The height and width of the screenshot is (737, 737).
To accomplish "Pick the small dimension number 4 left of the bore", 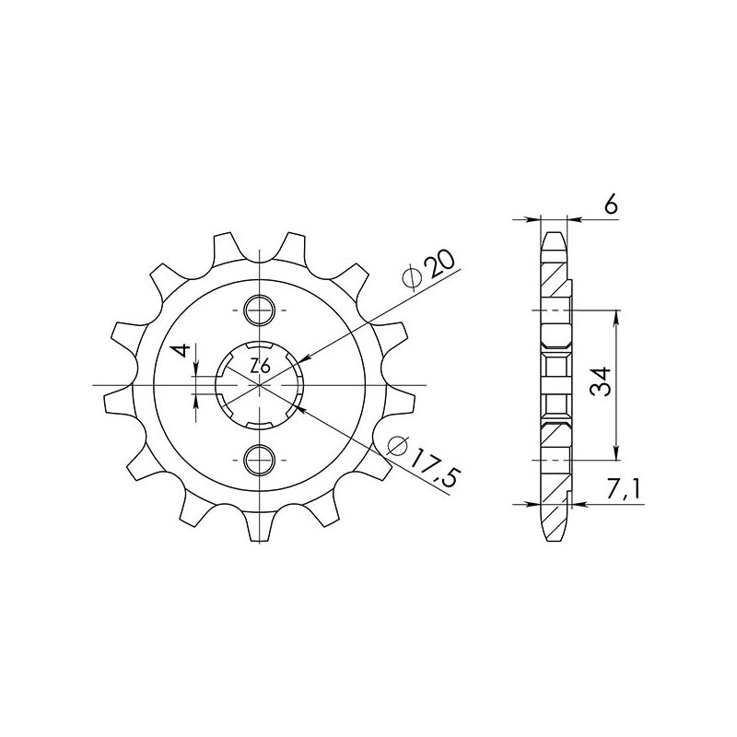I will (x=182, y=351).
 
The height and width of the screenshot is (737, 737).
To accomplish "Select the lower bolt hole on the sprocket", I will (x=262, y=458).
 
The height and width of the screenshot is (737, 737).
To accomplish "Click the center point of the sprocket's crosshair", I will (x=262, y=384).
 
